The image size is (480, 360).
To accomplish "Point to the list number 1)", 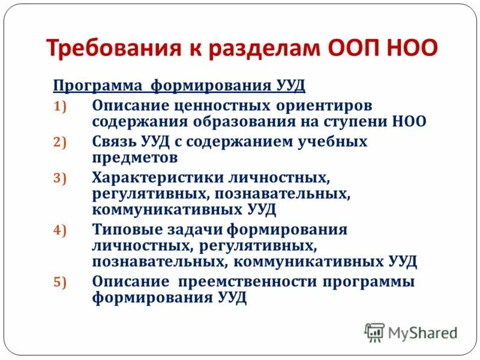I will [x=64, y=106].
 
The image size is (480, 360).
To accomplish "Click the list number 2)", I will [x=64, y=142].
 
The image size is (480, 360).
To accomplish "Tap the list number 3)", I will [x=64, y=178].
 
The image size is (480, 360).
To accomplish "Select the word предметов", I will [x=135, y=158].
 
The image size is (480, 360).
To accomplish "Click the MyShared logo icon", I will [x=374, y=332].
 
